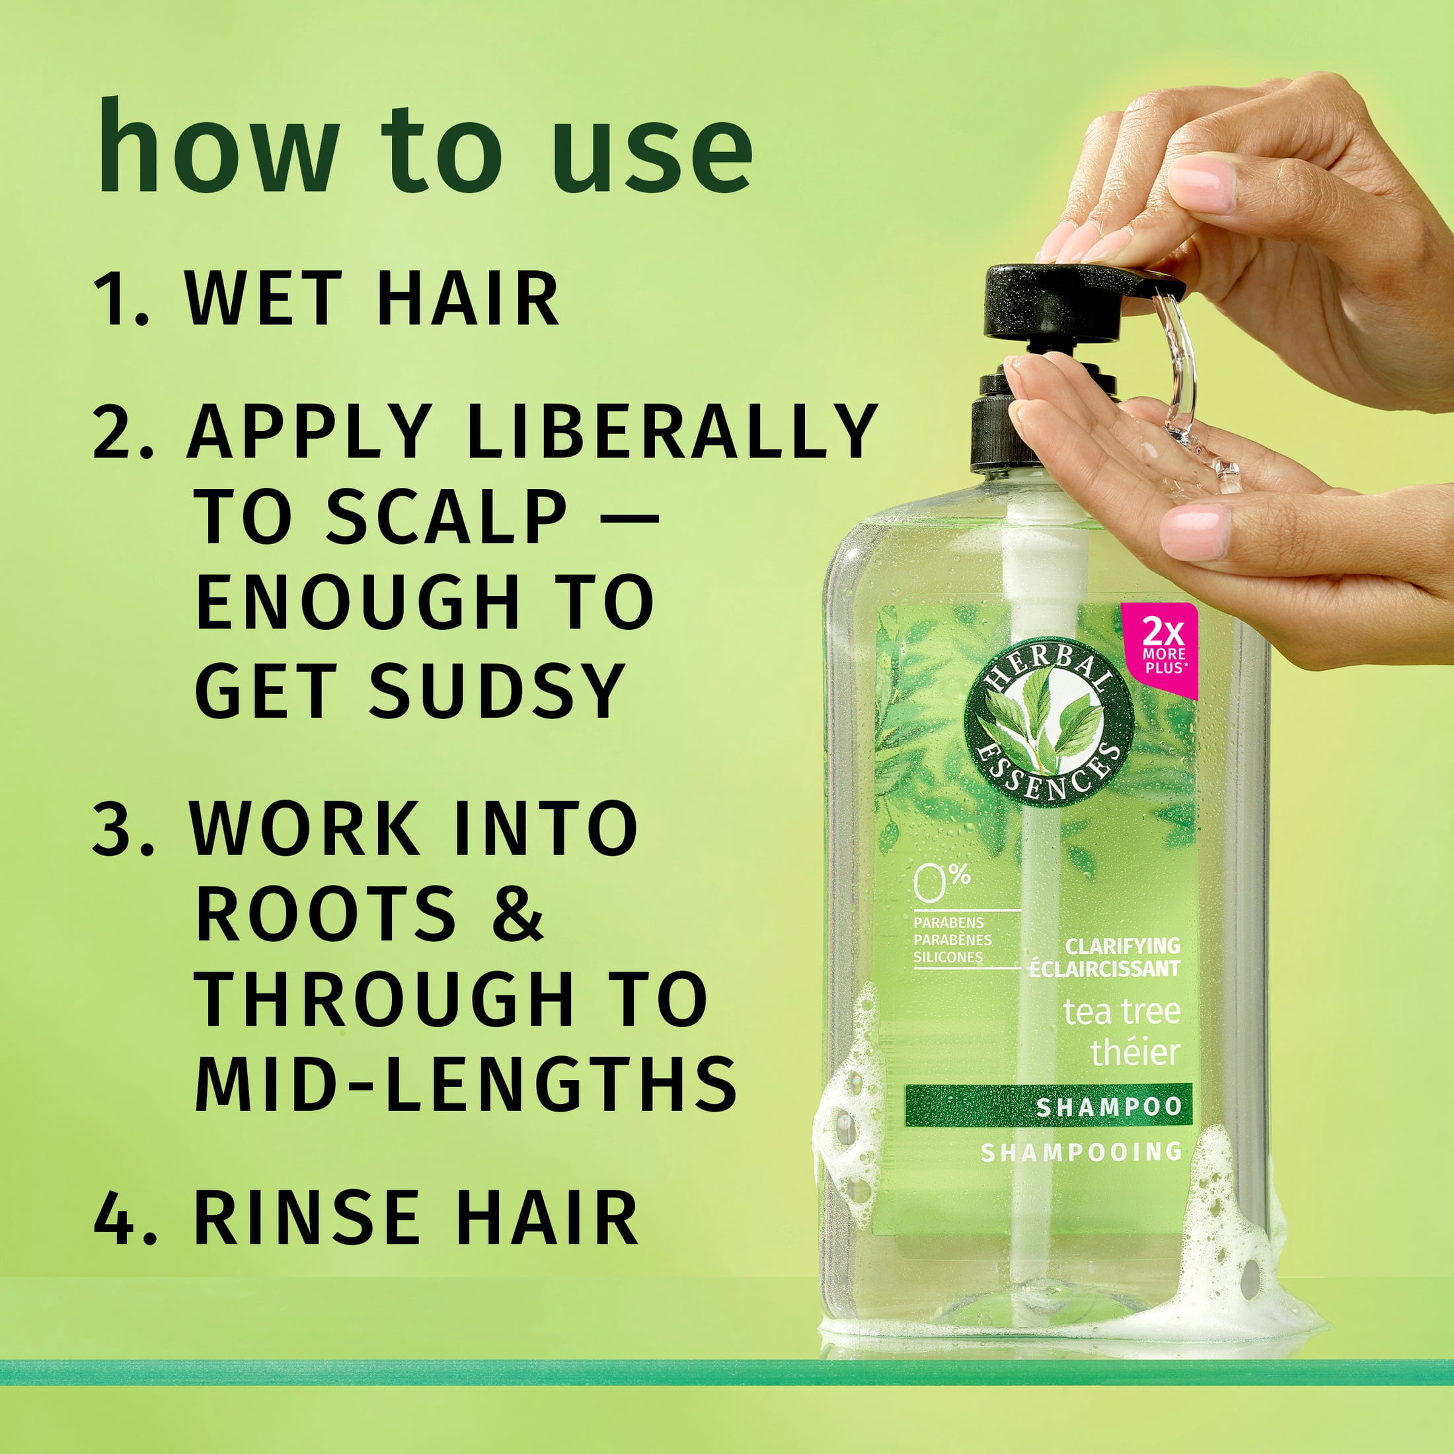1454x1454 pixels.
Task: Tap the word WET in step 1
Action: click(x=264, y=299)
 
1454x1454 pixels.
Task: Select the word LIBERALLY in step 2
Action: click(x=673, y=430)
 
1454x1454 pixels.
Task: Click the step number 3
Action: click(x=124, y=829)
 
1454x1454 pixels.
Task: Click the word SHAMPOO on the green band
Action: click(x=1108, y=1107)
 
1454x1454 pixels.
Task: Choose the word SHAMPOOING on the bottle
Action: click(x=1081, y=1152)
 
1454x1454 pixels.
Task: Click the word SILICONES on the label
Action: click(x=948, y=957)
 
